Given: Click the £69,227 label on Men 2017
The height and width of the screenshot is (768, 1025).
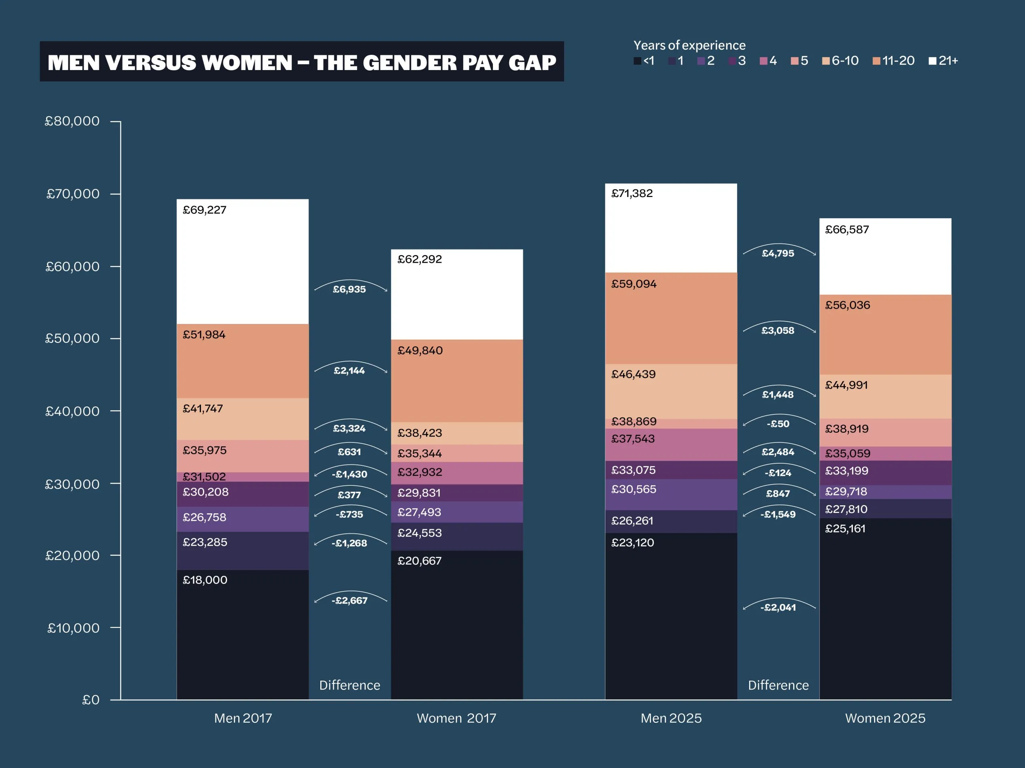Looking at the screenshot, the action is [x=204, y=210].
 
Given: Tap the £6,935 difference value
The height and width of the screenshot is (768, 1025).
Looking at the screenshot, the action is [x=350, y=289].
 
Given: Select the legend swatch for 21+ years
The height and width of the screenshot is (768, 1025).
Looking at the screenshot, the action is [x=933, y=61].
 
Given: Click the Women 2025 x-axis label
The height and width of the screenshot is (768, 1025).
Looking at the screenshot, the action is [x=885, y=718].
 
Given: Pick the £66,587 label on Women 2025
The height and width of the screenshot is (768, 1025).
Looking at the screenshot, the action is [x=847, y=229].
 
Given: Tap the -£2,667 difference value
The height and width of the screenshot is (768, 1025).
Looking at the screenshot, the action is [x=350, y=601].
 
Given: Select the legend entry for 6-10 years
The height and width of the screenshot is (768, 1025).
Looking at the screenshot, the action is [x=840, y=61].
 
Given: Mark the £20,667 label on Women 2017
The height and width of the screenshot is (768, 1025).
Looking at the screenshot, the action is [x=419, y=561].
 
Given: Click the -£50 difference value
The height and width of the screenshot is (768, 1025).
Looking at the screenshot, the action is [x=778, y=424].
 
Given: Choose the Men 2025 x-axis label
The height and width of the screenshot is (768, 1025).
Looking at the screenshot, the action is [x=671, y=718].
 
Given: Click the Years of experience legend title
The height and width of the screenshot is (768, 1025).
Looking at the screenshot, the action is [x=689, y=45].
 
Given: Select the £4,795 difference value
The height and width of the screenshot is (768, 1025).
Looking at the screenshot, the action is [x=778, y=253].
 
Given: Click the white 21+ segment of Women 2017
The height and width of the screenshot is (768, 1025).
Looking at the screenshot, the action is [x=457, y=294].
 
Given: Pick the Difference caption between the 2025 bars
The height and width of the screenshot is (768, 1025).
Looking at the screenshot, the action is [x=778, y=685].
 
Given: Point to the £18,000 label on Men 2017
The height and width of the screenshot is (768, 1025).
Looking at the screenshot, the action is [x=205, y=580].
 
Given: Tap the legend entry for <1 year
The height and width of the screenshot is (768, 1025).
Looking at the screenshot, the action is [x=644, y=61].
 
